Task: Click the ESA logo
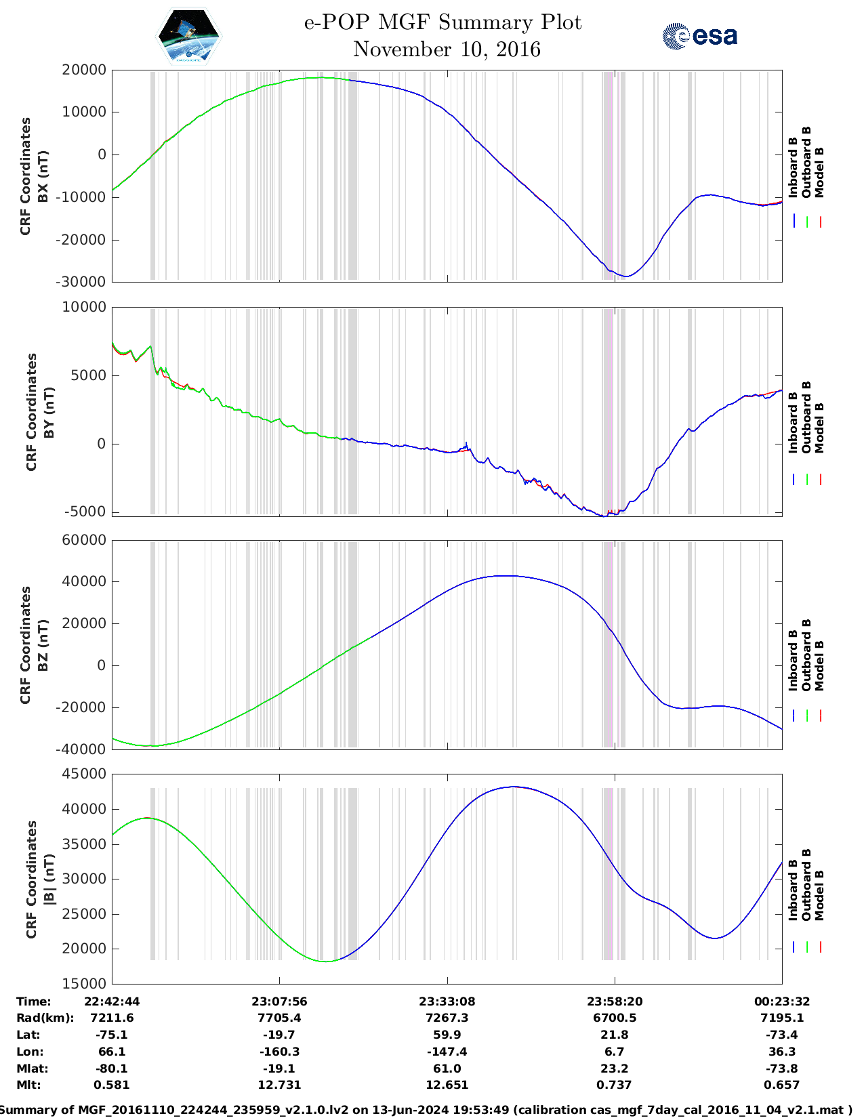click(699, 36)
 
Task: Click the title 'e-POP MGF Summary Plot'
click(443, 22)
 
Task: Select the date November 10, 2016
click(447, 49)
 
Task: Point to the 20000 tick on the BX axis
click(83, 70)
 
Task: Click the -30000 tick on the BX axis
click(83, 282)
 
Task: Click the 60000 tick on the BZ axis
click(83, 540)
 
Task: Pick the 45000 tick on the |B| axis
click(83, 774)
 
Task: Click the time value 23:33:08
click(447, 1001)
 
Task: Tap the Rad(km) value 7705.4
click(279, 1018)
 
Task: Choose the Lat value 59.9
click(447, 1035)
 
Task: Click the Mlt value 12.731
click(279, 1085)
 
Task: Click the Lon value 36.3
click(782, 1052)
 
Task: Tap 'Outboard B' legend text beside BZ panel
click(806, 655)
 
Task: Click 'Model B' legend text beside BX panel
click(819, 172)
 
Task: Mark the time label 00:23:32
click(782, 1001)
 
